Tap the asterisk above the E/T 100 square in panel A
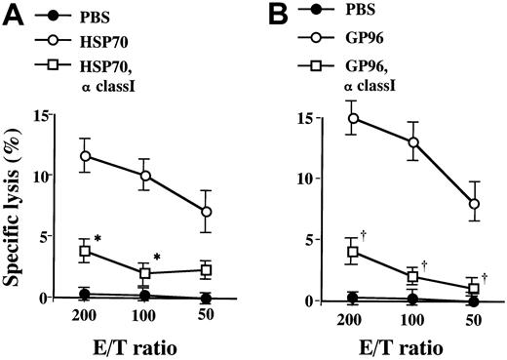(x=157, y=257)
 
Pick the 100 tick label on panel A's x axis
(x=146, y=319)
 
